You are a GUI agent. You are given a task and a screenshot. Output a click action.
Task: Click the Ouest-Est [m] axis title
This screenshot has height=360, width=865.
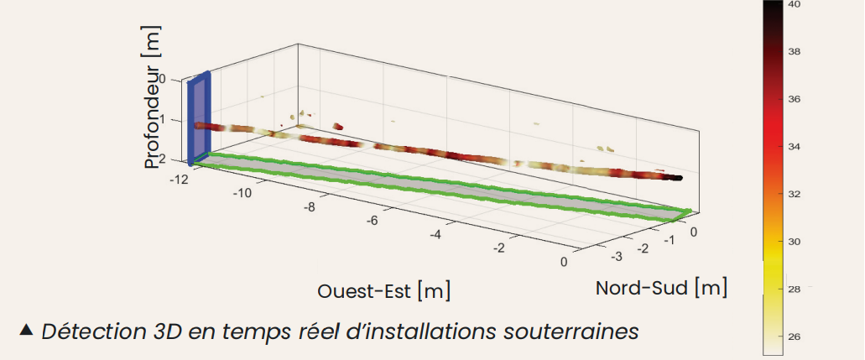click(x=383, y=291)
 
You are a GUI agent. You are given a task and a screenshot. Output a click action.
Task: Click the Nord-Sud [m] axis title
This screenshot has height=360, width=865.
click(x=661, y=288)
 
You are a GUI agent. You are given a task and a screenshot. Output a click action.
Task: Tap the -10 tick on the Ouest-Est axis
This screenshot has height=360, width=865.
click(x=243, y=193)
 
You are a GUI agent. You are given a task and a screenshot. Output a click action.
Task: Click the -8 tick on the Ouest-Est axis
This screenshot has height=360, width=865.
click(x=308, y=206)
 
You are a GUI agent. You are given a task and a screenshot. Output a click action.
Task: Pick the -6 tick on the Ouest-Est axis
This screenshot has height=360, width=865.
click(x=373, y=220)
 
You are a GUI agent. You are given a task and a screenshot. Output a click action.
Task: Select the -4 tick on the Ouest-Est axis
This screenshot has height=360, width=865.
click(x=435, y=234)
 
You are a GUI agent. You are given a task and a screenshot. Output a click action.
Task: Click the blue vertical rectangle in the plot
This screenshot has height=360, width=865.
click(x=199, y=117)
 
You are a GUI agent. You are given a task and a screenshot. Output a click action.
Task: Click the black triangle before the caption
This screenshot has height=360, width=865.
click(x=26, y=330)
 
